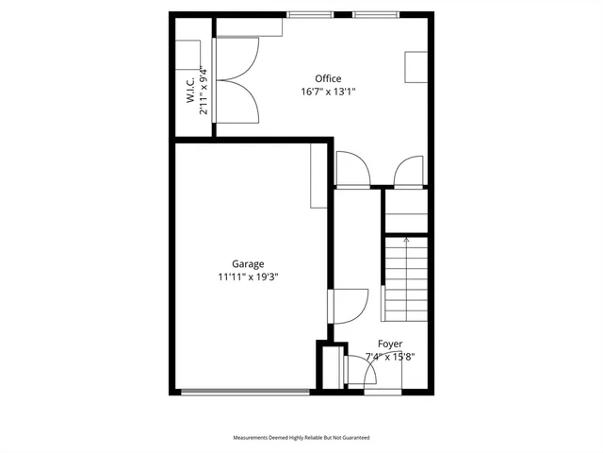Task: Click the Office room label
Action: point(328,78)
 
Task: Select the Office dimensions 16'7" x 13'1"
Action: point(328,92)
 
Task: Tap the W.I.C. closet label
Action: point(189,90)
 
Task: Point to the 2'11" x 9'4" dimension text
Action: point(203,90)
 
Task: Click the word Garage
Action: point(248,264)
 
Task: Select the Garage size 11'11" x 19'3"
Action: point(248,277)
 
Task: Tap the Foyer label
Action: point(390,344)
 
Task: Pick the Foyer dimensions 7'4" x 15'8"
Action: point(390,357)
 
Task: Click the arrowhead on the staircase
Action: point(406,242)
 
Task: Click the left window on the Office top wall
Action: point(310,14)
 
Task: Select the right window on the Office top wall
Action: point(376,14)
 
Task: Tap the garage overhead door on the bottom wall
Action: point(245,391)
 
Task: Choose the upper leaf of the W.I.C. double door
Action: point(236,59)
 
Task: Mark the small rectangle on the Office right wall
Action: point(416,68)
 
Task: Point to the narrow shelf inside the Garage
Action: point(318,176)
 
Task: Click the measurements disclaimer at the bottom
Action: point(301,438)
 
